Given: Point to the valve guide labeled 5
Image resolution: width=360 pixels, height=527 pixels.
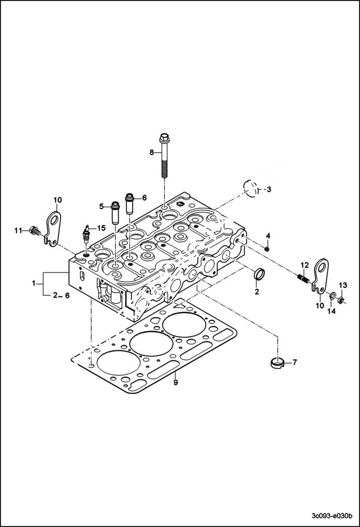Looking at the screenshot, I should [x=115, y=212].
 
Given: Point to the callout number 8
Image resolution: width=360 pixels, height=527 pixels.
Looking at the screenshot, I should [x=151, y=152].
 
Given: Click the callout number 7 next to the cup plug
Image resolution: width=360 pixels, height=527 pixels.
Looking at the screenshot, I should [x=294, y=362].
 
